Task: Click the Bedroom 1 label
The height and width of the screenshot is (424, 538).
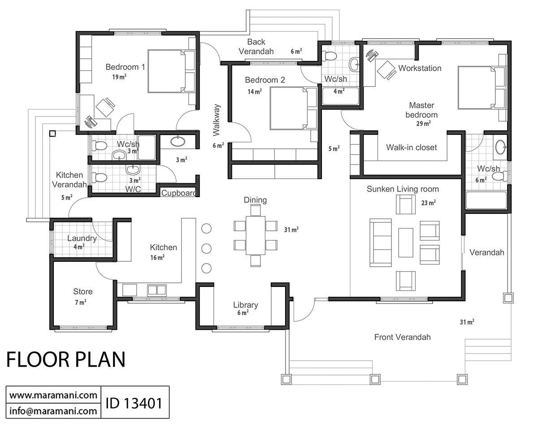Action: (x=125, y=67)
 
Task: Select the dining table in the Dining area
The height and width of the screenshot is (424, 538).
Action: (x=256, y=235)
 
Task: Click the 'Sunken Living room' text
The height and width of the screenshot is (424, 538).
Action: (x=403, y=189)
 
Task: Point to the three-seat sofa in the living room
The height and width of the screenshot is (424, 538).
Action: (x=379, y=242)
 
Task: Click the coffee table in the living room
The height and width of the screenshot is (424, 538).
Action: (x=405, y=242)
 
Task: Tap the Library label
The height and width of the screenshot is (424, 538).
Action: (x=245, y=305)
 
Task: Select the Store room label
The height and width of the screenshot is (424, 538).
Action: (x=82, y=292)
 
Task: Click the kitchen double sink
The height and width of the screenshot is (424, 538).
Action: (x=156, y=290)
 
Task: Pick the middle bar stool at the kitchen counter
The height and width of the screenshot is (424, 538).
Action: (x=206, y=248)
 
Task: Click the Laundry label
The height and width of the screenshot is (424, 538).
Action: (x=82, y=238)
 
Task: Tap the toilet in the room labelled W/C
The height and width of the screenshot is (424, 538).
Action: (x=100, y=177)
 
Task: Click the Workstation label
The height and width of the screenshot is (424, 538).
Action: (x=420, y=68)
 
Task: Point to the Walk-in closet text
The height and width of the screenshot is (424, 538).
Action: (x=411, y=147)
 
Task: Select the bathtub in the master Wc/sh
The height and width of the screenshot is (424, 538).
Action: (x=487, y=200)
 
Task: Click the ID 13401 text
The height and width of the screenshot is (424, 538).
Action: (x=133, y=402)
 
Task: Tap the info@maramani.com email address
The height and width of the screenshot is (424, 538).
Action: (x=53, y=410)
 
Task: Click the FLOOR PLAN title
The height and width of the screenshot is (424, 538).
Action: (x=66, y=359)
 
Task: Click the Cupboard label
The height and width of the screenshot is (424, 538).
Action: (x=178, y=194)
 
